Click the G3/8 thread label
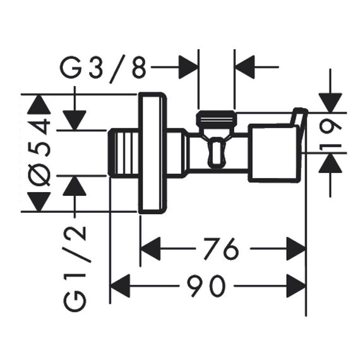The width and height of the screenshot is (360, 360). (103, 68)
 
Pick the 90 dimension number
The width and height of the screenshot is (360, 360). (205, 286)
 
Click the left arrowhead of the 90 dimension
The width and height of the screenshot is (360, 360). (120, 286)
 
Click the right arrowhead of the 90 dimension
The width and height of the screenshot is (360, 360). (296, 286)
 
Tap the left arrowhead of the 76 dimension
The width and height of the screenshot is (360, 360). (150, 248)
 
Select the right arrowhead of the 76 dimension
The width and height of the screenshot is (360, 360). (296, 248)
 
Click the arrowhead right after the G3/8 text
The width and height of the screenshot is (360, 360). (188, 67)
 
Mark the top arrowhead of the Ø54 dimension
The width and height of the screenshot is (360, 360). (39, 104)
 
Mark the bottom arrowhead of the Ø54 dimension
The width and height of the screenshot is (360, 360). (39, 201)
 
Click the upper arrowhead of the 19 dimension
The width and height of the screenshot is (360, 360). (330, 103)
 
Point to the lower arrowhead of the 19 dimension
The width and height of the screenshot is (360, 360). (330, 162)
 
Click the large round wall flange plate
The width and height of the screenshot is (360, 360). (152, 153)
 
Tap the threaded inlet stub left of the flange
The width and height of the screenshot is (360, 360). (124, 153)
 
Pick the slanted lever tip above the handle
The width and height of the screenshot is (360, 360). (299, 117)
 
